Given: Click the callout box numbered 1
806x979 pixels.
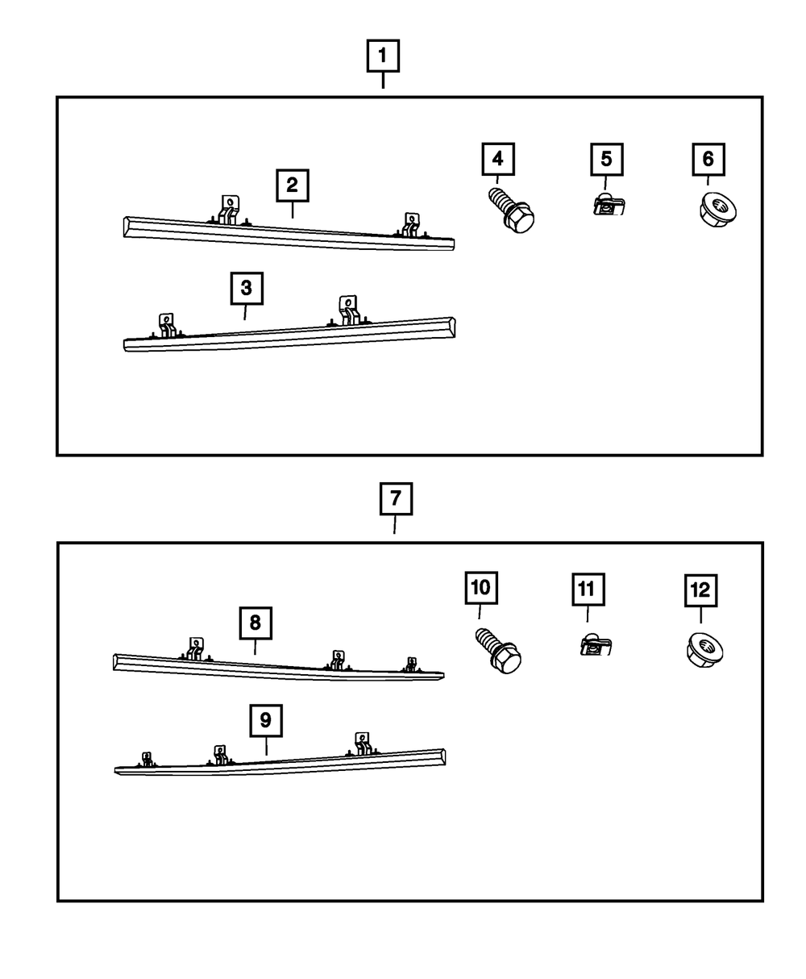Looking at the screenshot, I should pos(383,56).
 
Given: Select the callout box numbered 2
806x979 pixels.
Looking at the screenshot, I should pos(292,185).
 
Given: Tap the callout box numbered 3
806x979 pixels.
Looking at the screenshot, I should pos(247,288).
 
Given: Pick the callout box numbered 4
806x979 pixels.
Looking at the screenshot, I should pos(498,159).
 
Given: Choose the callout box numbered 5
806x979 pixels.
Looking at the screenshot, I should pos(606,159).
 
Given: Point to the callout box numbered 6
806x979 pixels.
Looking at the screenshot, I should pos(708,159).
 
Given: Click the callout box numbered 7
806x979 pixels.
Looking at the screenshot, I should pos(396,499).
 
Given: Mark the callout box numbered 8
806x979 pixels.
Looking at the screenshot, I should pos(255,622).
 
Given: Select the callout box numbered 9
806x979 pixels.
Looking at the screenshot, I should pos(266,719).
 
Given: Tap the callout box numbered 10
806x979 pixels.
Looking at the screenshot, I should pos(480,588).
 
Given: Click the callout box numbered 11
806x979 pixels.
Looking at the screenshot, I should pos(588,589).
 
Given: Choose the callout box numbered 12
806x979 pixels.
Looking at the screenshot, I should pos(700,590).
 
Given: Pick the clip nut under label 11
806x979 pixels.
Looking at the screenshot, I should pos(595,644).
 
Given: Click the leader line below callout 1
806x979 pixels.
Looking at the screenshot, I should pos(383,81).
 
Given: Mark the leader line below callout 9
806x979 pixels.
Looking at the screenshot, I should pos(266,746).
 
